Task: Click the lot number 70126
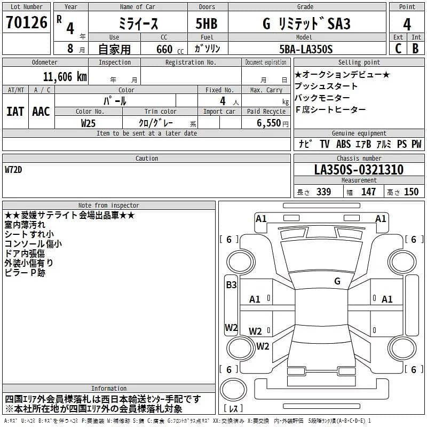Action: point(27,22)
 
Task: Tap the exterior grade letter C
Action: point(398,49)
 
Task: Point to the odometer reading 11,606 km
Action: point(65,77)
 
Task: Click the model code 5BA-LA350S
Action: point(306,49)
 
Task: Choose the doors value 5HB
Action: point(207,24)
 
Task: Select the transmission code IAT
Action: point(15,112)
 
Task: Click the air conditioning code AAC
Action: point(41,112)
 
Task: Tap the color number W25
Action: point(88,123)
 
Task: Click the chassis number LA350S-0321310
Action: point(359,170)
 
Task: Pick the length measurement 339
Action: point(323,192)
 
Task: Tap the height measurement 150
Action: point(411,192)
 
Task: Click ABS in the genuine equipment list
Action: point(343,144)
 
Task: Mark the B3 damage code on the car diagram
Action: point(231,285)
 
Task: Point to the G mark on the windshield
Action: point(337,281)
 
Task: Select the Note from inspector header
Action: point(108,205)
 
